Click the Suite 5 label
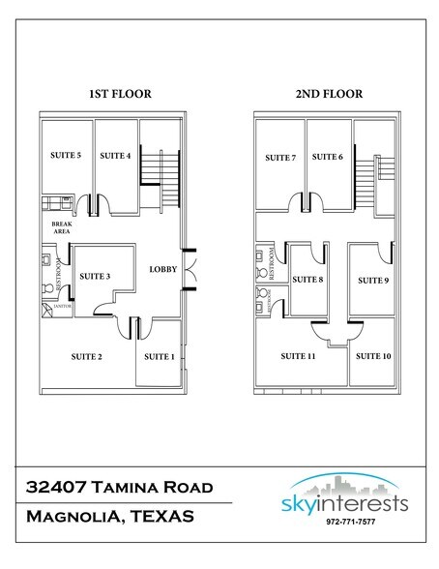[x=65, y=156]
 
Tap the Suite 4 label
[x=114, y=156]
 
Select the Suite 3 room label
[x=94, y=277]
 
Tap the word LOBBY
[x=162, y=269]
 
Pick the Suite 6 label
[x=328, y=158]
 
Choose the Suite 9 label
[x=372, y=281]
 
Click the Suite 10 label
[x=373, y=357]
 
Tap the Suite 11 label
[x=298, y=357]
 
